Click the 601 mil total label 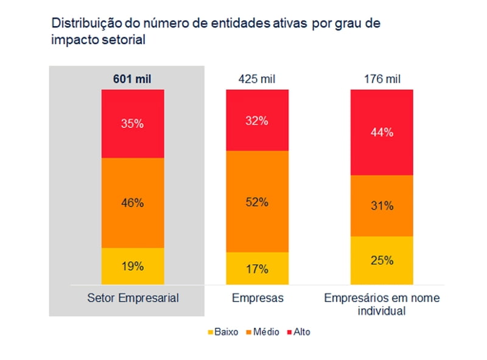tap(132, 79)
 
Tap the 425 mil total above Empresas tap(256, 79)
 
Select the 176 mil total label tap(381, 79)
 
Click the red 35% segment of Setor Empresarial tap(132, 124)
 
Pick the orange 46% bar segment tap(132, 203)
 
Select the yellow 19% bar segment tap(132, 266)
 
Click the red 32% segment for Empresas tap(256, 120)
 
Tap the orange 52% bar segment tap(256, 202)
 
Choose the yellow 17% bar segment tap(256, 268)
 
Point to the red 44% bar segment tap(381, 132)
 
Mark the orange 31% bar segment tap(381, 206)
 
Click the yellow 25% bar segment tap(381, 260)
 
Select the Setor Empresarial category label tap(132, 298)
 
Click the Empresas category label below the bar tap(256, 298)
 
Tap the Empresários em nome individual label tap(381, 304)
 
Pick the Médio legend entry tap(262, 332)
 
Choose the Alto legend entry tap(298, 332)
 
